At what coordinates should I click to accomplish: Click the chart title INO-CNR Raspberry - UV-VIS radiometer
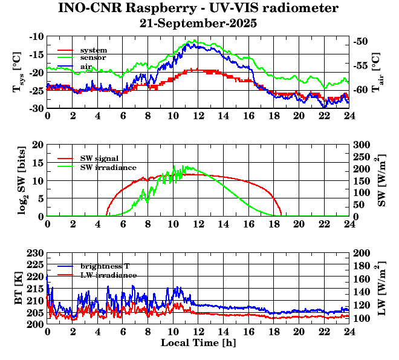[x=198, y=8]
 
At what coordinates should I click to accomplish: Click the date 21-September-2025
[x=198, y=24]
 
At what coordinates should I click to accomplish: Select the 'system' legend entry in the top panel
[x=94, y=50]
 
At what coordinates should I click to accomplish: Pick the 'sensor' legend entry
[x=94, y=57]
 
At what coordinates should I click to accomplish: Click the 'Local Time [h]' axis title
[x=198, y=342]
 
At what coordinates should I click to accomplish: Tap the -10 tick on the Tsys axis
[x=37, y=36]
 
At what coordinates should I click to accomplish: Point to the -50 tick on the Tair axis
[x=361, y=42]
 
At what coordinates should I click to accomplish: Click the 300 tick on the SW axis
[x=362, y=145]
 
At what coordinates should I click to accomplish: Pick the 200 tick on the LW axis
[x=362, y=252]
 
